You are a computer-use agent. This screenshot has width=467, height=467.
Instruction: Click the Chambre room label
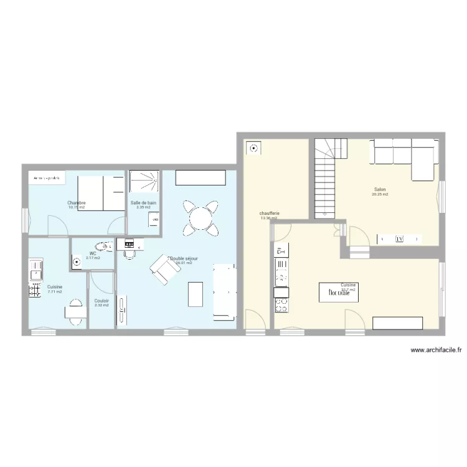pyautogui.click(x=77, y=203)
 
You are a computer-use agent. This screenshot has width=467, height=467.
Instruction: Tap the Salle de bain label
pyautogui.click(x=143, y=203)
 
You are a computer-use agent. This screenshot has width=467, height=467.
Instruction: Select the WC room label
pyautogui.click(x=93, y=253)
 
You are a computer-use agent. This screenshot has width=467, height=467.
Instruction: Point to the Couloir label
pyautogui.click(x=101, y=301)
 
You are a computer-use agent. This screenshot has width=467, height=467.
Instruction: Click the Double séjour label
pyautogui.click(x=184, y=258)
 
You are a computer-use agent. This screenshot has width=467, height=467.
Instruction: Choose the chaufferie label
pyautogui.click(x=270, y=214)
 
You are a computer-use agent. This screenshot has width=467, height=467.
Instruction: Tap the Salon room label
pyautogui.click(x=380, y=189)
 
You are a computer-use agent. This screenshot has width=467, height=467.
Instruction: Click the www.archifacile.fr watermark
pyautogui.click(x=435, y=351)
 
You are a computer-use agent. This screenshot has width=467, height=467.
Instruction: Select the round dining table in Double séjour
pyautogui.click(x=200, y=218)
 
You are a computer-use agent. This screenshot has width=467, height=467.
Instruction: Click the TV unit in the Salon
pyautogui.click(x=399, y=238)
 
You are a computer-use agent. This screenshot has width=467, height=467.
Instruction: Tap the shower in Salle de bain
pyautogui.click(x=144, y=182)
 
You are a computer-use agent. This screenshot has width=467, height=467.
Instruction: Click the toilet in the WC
pyautogui.click(x=102, y=247)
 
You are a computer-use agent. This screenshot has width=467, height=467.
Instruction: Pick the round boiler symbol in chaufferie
pyautogui.click(x=254, y=148)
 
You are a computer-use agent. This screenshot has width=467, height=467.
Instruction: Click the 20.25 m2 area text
pyautogui.click(x=380, y=194)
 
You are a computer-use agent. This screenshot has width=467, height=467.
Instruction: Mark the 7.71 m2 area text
pyautogui.click(x=55, y=291)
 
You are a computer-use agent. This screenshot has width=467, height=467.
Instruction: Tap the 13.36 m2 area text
pyautogui.click(x=269, y=219)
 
